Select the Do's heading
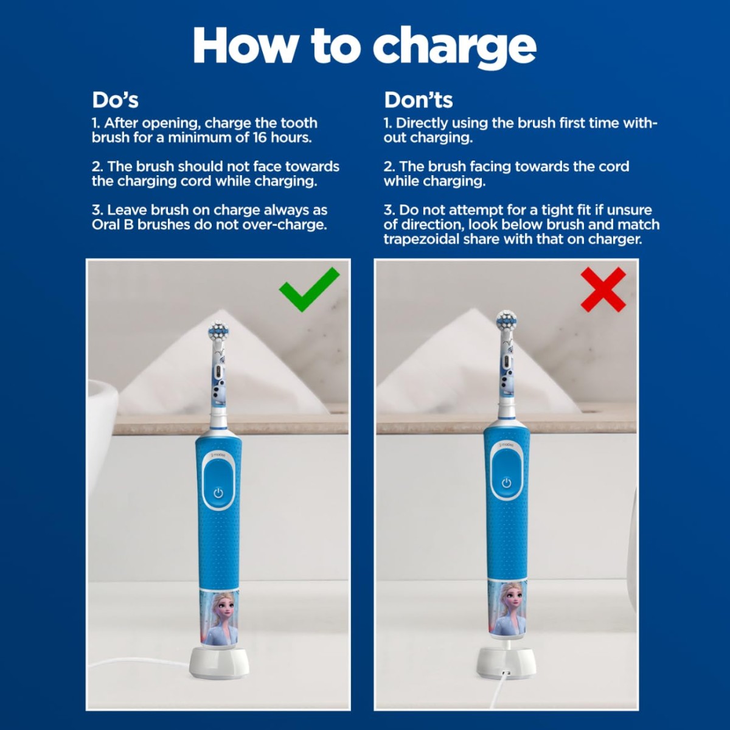coord(115,100)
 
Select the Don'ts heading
coord(418,100)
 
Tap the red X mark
coord(603,290)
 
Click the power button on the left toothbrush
coord(218,492)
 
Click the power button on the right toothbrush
coord(506,483)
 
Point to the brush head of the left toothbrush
coord(218,332)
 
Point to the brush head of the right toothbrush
coord(506,321)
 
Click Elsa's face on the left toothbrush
coord(223,608)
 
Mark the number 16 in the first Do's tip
coord(259,137)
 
